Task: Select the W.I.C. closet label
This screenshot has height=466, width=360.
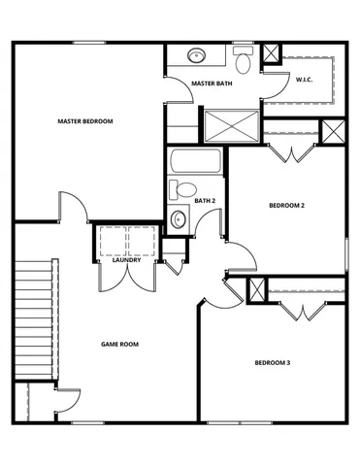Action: [x=304, y=80]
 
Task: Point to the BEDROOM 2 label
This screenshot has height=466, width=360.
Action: [x=286, y=206]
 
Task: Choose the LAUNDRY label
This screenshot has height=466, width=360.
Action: [x=127, y=260]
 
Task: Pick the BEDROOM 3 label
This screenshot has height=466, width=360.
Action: [x=273, y=363]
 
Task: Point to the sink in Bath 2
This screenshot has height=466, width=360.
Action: [x=177, y=219]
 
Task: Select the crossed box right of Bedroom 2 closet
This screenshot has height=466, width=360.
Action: [x=333, y=131]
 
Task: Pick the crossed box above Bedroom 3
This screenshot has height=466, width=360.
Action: [x=257, y=289]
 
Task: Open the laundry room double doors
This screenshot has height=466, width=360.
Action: [x=127, y=280]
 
